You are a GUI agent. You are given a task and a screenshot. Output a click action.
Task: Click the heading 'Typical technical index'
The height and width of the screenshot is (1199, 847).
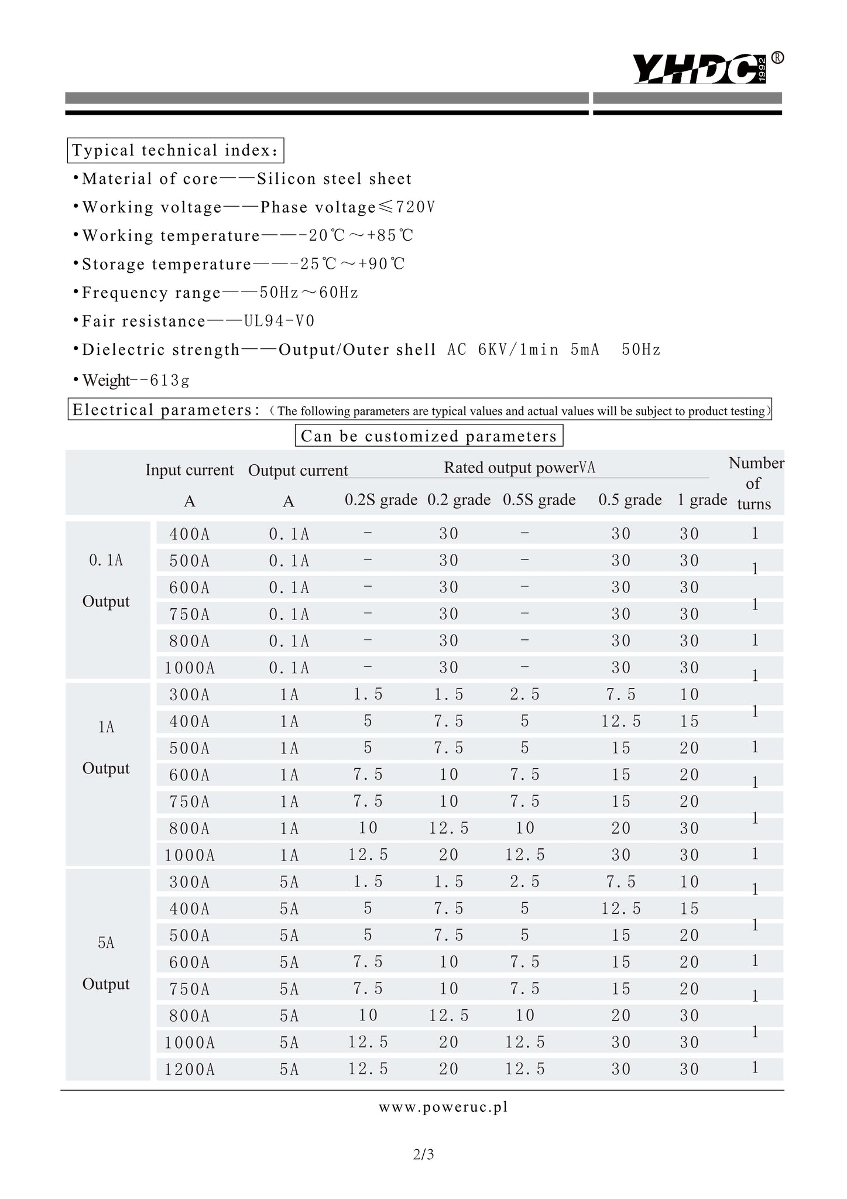click(176, 151)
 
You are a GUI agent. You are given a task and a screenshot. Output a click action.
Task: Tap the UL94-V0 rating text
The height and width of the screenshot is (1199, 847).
click(279, 321)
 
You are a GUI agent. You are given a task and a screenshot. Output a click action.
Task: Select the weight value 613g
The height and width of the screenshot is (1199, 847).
click(170, 381)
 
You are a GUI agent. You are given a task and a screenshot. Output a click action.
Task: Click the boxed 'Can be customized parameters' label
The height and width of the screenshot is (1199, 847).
click(428, 436)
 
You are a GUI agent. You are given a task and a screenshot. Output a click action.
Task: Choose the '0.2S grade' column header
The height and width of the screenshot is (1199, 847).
click(380, 500)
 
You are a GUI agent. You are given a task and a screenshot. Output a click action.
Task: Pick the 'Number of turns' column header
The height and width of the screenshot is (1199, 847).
click(755, 484)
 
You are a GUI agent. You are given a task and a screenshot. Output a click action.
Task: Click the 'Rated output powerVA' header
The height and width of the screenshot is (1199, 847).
click(519, 468)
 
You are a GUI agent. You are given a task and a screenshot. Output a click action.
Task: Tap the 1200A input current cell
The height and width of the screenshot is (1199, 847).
click(190, 1070)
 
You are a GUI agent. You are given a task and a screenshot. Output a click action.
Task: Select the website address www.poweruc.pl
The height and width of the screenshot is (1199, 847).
click(443, 1107)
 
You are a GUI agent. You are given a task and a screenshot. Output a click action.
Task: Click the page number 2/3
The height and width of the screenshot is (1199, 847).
click(423, 1155)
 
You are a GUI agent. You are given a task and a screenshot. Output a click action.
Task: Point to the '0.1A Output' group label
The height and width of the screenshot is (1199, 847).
click(106, 581)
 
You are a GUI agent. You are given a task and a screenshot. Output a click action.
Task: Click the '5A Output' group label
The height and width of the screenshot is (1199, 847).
click(106, 964)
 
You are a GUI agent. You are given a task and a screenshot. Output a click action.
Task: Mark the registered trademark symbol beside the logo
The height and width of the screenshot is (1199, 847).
click(777, 57)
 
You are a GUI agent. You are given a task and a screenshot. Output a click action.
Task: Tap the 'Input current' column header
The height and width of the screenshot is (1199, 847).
click(189, 470)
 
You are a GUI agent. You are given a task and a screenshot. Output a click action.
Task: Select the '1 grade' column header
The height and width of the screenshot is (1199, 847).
click(702, 500)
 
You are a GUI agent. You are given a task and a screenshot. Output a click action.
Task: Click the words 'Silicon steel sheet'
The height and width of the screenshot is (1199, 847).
click(334, 179)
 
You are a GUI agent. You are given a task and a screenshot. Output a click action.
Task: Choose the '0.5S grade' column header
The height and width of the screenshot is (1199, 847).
click(539, 500)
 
